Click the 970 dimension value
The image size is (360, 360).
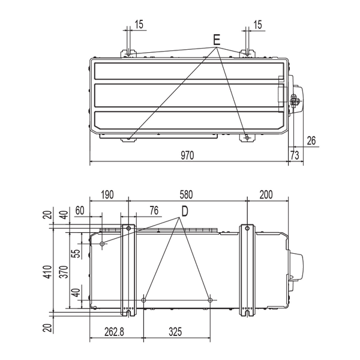point(187,155)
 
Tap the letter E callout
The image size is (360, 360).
point(217,40)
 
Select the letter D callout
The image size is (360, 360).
point(185,211)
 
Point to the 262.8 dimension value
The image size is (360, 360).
point(114,332)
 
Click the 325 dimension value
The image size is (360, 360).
point(175,332)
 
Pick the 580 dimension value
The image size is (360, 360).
point(186,194)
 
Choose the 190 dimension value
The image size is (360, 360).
point(107,194)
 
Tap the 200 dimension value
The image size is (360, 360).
point(266,194)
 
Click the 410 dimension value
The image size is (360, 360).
point(48,272)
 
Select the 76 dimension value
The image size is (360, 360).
point(154,211)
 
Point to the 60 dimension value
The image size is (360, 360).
point(80,211)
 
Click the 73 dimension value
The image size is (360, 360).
point(295,155)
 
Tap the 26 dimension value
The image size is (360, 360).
point(311,140)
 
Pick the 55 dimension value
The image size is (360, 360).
point(77,254)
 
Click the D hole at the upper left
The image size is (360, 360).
point(103,244)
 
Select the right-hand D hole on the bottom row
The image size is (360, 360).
point(210,300)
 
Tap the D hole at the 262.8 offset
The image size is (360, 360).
point(144,300)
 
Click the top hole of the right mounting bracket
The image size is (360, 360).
point(247,228)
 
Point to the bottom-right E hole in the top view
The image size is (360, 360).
point(247,138)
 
